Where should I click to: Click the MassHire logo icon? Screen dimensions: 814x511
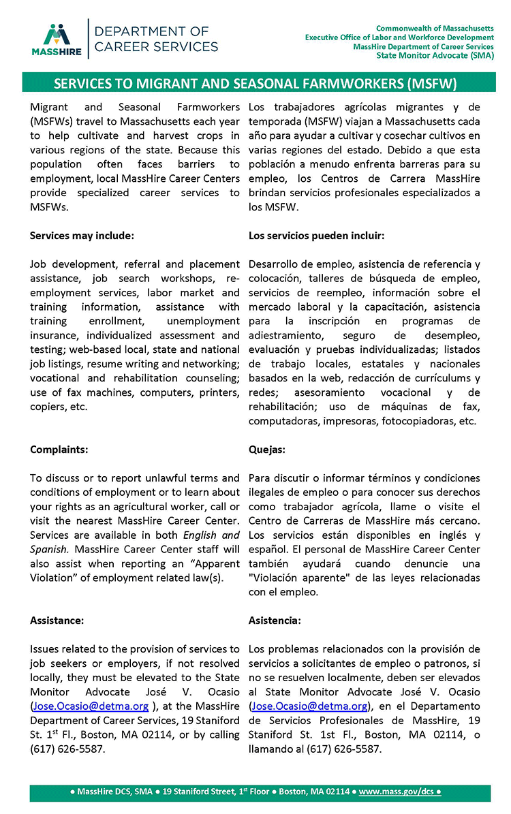(57, 36)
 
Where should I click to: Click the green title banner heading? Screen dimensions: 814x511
(255, 84)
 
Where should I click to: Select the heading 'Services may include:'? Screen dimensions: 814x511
(82, 236)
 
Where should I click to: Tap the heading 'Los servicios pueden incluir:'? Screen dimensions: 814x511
(316, 236)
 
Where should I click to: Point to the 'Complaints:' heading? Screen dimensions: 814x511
(59, 450)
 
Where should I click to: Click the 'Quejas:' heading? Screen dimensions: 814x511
(267, 450)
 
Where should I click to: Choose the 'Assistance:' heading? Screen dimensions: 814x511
(57, 621)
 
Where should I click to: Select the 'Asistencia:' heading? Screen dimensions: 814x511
(275, 621)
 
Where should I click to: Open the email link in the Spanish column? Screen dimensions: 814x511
(309, 706)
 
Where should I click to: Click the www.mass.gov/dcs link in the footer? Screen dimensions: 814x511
(396, 792)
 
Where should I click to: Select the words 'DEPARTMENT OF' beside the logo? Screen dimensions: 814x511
(151, 31)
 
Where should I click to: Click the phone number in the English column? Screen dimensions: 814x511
(64, 749)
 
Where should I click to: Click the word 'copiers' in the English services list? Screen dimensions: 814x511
(48, 407)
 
